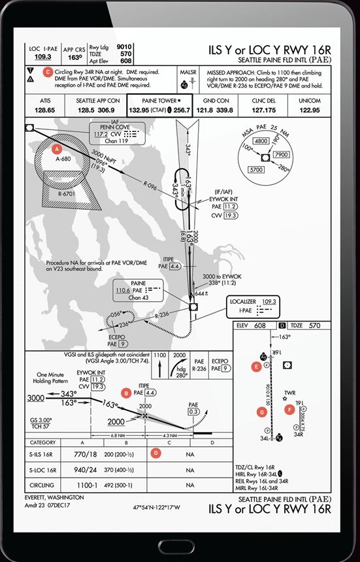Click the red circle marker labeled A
57,148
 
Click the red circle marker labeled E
256,367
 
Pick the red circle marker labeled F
290,410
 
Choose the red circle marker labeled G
263,412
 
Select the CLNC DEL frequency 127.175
266,110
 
